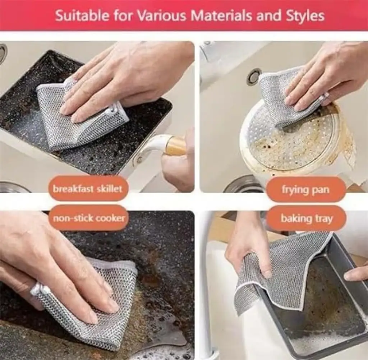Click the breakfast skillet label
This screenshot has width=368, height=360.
click(x=88, y=189)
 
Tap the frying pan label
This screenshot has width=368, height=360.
click(x=306, y=189)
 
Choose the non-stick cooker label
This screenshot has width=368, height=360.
click(x=89, y=218)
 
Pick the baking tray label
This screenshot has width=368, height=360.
click(x=307, y=218)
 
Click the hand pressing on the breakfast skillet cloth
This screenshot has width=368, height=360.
click(x=122, y=78)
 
